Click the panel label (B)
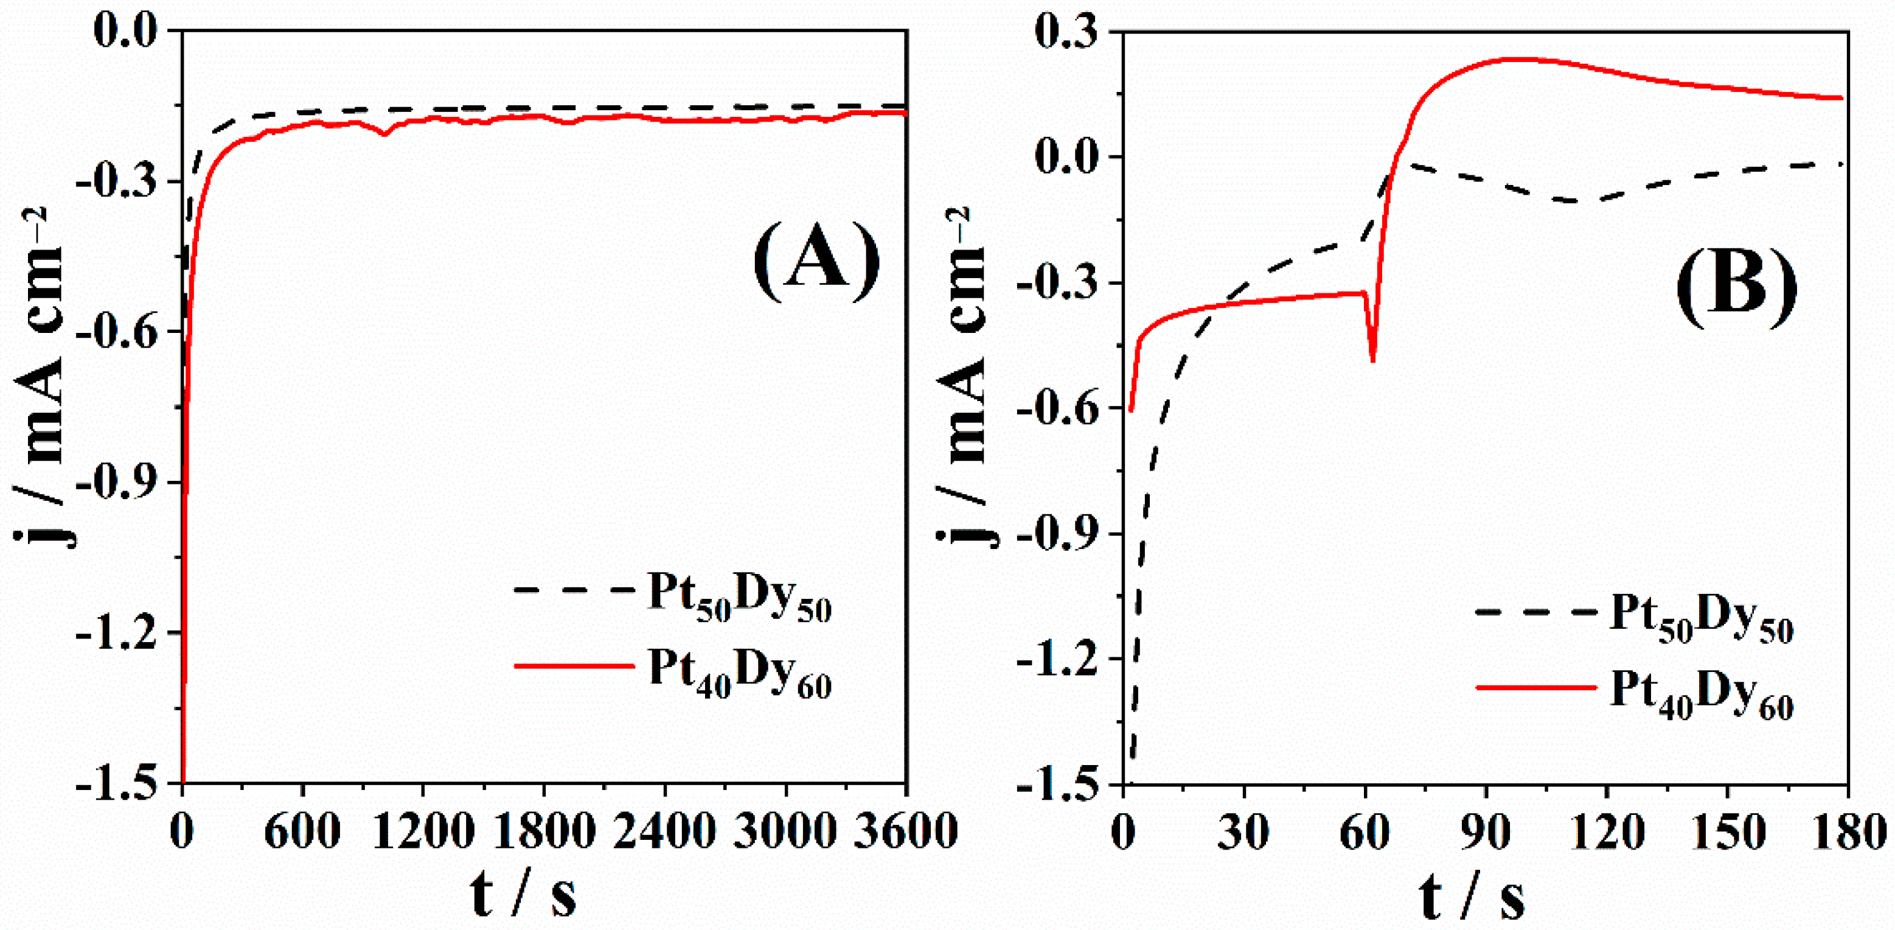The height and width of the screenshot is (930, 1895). pyautogui.click(x=1736, y=287)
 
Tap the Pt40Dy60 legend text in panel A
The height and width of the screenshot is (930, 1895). pyautogui.click(x=739, y=673)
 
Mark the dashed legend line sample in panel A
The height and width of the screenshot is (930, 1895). pyautogui.click(x=574, y=590)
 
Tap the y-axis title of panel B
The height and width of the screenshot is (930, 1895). pyautogui.click(x=967, y=376)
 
